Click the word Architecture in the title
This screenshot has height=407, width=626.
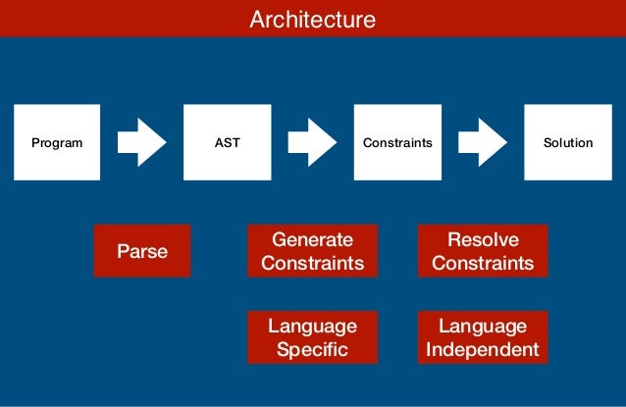point(312,19)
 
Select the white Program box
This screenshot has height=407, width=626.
point(57,142)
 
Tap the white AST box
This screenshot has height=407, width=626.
point(227,142)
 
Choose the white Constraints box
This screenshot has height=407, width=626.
point(397,142)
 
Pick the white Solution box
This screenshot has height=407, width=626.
point(568,142)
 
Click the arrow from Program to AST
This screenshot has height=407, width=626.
point(141,142)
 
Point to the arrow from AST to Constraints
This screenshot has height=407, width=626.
point(312,142)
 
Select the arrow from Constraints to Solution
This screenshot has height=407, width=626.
point(482,142)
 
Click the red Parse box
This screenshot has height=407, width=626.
point(142,251)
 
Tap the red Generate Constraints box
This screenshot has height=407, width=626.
point(312,251)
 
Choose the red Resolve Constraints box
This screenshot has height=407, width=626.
point(483,251)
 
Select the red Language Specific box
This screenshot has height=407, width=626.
point(312,337)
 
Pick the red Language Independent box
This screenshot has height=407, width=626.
point(483,337)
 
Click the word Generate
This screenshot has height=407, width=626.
point(312,239)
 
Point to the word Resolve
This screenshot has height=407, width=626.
point(483,239)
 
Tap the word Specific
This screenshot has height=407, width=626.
point(312,349)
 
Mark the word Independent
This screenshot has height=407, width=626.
point(483,349)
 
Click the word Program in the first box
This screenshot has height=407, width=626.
point(57,142)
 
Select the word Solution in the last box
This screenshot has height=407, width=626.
point(568,142)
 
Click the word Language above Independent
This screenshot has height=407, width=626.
point(483,326)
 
